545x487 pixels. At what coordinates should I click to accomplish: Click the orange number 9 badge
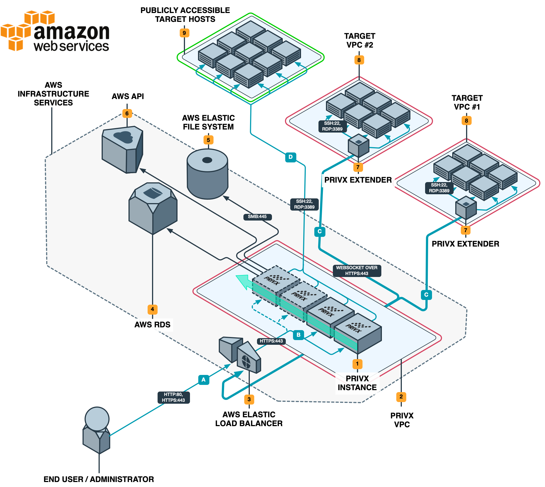[184, 33]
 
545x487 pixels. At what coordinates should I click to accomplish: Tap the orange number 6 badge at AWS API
[127, 113]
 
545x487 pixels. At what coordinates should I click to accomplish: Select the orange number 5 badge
[209, 140]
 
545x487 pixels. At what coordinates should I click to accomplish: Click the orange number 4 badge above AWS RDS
[152, 309]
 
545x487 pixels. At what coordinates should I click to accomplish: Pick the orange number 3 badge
[249, 399]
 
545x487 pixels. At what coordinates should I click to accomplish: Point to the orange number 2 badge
[401, 397]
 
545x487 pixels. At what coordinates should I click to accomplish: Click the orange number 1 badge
[357, 364]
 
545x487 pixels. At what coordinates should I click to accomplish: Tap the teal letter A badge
[204, 380]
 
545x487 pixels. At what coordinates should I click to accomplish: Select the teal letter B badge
[298, 335]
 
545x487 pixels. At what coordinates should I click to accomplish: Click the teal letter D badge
[291, 157]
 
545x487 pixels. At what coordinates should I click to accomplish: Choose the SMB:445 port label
[257, 217]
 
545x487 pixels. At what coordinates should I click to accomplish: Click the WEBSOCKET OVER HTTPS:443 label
[357, 271]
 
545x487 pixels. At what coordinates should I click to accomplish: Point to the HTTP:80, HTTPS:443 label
[173, 397]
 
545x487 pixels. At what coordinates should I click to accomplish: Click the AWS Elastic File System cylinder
[207, 174]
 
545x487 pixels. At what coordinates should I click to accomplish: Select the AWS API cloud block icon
[122, 149]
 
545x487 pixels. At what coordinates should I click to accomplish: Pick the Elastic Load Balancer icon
[240, 354]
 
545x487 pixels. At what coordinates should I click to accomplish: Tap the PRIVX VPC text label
[402, 420]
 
